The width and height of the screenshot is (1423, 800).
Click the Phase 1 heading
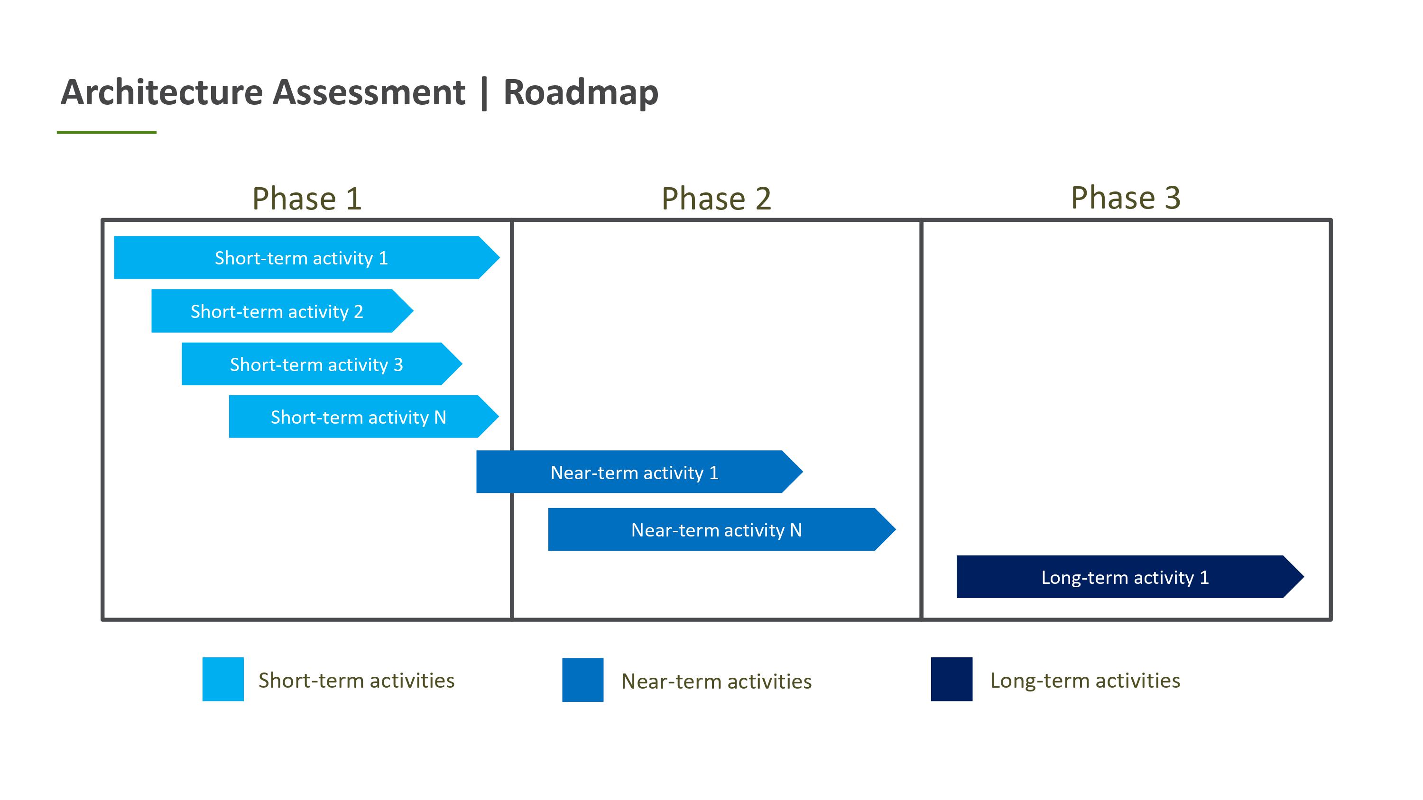(x=307, y=198)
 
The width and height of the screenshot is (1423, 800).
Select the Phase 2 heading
(x=716, y=198)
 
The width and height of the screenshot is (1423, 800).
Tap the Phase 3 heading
(x=1126, y=197)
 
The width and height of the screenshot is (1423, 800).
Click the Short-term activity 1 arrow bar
(x=306, y=257)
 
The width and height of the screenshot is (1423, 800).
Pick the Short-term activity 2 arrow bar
(x=282, y=311)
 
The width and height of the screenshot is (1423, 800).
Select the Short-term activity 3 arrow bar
(x=322, y=364)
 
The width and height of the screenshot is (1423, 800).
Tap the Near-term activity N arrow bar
(x=722, y=529)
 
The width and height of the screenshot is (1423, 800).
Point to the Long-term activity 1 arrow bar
(x=1130, y=576)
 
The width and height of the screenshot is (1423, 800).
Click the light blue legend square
(x=223, y=679)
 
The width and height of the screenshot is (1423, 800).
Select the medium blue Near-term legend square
(x=583, y=680)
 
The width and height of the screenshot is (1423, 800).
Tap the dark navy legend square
(x=952, y=679)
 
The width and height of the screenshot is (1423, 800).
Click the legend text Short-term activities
(x=356, y=680)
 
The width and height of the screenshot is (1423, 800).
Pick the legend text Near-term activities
(x=716, y=682)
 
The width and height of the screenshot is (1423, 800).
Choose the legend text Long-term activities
(x=1085, y=680)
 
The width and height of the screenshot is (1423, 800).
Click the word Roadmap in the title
(x=581, y=92)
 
